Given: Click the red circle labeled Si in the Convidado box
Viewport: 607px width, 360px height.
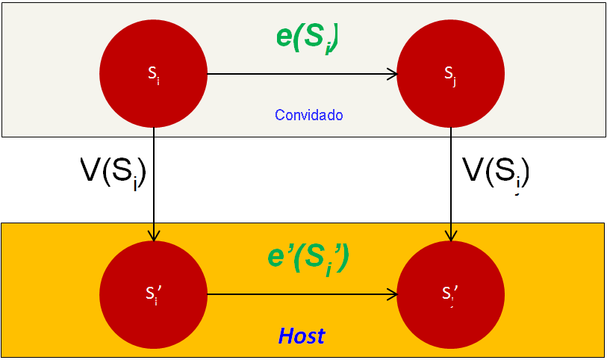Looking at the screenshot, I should click(153, 74).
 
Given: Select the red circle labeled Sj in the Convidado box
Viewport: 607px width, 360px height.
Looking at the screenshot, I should click(450, 74).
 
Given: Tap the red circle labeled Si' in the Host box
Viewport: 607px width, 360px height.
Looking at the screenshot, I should click(153, 294).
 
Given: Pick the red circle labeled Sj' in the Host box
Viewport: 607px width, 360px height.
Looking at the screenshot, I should click(450, 294).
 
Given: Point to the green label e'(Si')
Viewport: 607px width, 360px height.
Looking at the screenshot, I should click(308, 257).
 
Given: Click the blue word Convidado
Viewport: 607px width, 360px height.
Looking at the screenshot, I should click(308, 115).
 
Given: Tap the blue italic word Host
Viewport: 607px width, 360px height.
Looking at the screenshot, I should click(302, 336).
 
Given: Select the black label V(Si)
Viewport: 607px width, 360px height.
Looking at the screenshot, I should click(112, 172).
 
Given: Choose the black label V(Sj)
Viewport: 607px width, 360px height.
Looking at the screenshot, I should click(496, 172).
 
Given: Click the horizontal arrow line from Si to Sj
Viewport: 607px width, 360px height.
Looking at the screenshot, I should click(299, 74).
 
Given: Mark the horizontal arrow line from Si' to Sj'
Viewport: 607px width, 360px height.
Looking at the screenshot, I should click(299, 294).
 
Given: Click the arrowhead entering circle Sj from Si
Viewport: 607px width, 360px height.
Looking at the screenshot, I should click(392, 74).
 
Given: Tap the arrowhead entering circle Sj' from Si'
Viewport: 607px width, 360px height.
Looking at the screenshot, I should click(392, 294).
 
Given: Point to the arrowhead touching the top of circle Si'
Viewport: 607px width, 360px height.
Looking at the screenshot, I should click(153, 235).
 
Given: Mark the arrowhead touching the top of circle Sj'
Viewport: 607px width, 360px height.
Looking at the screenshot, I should click(450, 235).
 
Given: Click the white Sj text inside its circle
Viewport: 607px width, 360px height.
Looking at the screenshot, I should click(449, 74).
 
